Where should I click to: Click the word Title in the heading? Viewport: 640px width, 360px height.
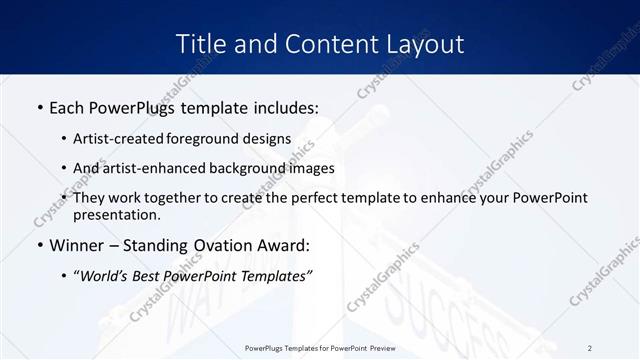coord(199,44)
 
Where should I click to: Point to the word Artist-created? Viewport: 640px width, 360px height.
coord(119,138)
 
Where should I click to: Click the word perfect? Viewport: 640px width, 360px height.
coord(332,198)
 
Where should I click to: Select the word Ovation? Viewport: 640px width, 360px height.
coord(214,244)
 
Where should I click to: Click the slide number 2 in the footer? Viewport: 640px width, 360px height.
coord(590,348)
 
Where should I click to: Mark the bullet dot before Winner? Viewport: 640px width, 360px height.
coord(39,245)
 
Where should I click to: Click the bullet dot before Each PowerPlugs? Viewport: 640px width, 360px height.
coord(39,105)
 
